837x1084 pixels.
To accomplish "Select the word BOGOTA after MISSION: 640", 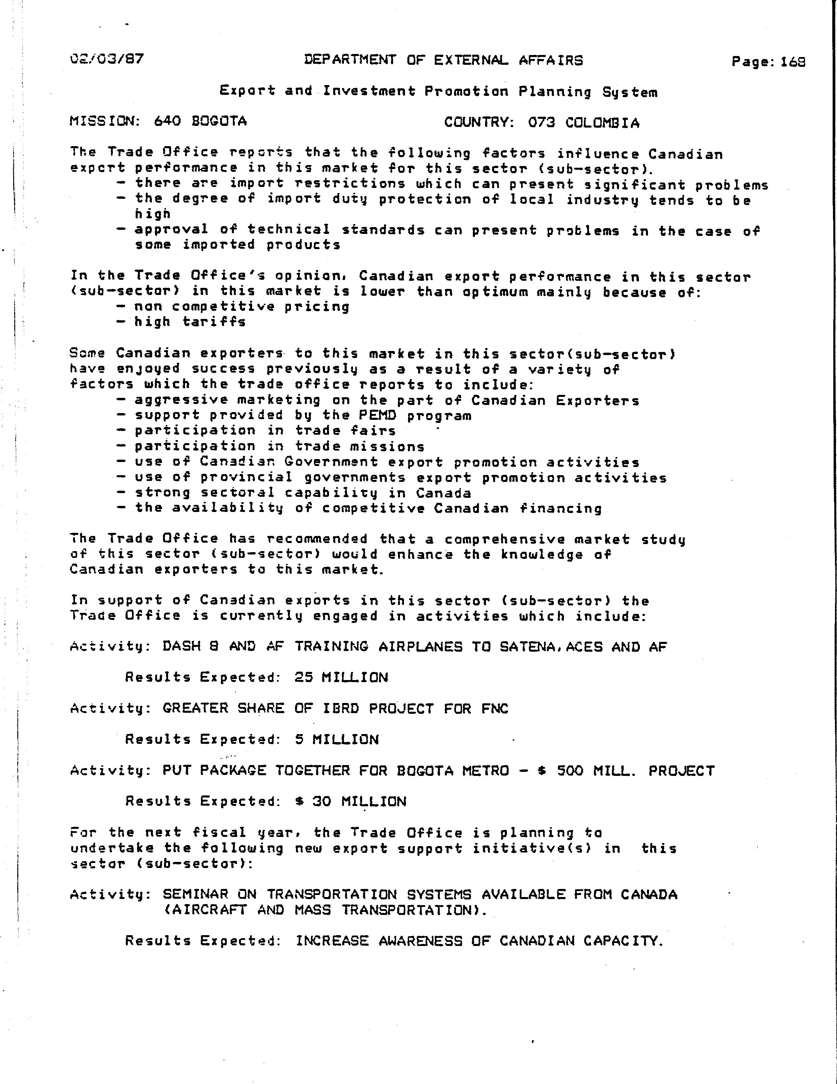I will (x=219, y=121).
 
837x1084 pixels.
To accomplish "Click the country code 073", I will (x=541, y=123).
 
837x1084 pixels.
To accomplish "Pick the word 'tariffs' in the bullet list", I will (x=214, y=322).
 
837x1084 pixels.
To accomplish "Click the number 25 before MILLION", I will (x=303, y=678).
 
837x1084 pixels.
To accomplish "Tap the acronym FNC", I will (x=495, y=708).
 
